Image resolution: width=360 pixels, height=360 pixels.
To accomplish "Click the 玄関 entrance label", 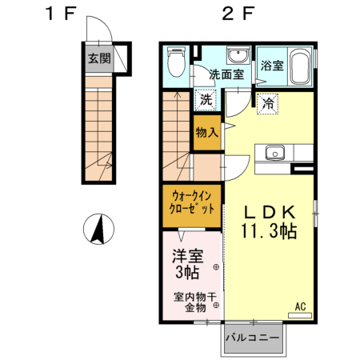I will tap(99, 58).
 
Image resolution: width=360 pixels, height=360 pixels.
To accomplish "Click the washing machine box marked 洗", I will tap(205, 101).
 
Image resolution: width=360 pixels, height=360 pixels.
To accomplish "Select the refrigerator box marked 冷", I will tap(267, 102).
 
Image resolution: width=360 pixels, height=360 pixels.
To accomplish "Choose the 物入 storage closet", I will tap(206, 132).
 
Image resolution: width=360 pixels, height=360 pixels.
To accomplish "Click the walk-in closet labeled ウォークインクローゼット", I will tap(192, 201).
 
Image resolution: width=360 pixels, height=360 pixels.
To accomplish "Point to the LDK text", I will tap(270, 213).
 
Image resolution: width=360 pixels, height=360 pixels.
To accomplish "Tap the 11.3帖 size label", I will tap(270, 232).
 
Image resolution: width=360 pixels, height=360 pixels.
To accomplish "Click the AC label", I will tap(301, 306).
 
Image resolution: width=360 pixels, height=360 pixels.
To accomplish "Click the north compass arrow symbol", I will tap(98, 231).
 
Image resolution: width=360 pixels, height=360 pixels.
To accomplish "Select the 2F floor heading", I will tap(238, 14).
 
